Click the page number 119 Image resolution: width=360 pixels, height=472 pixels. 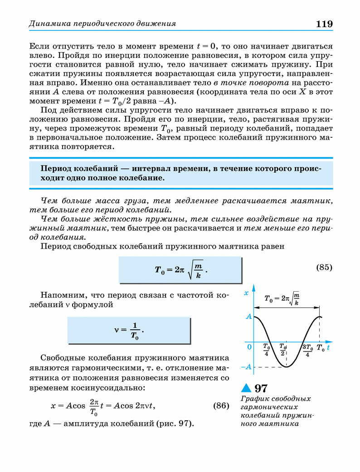324,24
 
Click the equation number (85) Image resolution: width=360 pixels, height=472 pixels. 324,267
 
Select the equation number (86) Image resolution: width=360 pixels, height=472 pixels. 220,405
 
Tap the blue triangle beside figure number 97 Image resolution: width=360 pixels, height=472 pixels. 246,388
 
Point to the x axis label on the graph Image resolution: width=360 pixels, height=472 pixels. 247,293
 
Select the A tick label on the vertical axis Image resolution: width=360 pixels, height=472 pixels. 248,317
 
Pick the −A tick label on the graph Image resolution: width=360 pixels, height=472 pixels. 247,366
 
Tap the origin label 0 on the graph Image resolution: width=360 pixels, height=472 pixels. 249,347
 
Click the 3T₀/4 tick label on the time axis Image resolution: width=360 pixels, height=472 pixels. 307,351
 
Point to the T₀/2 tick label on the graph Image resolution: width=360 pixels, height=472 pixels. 283,350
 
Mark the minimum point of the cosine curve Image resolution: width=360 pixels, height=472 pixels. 287,366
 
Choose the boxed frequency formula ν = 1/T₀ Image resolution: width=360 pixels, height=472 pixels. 128,330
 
